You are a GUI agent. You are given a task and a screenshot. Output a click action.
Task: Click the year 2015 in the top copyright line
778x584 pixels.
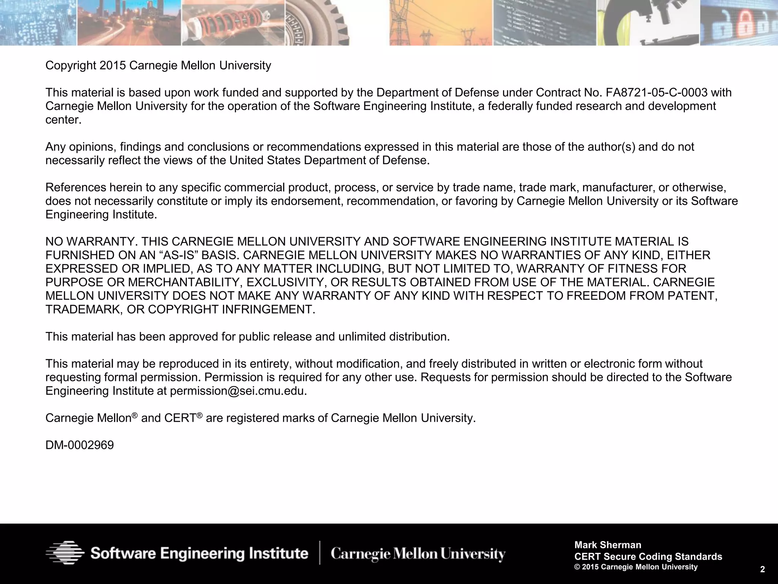click(x=112, y=65)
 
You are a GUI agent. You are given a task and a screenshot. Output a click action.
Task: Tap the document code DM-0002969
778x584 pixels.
click(x=79, y=445)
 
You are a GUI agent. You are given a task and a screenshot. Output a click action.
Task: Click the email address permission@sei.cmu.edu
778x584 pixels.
click(x=237, y=391)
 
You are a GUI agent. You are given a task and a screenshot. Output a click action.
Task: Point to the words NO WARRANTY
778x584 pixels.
click(x=92, y=241)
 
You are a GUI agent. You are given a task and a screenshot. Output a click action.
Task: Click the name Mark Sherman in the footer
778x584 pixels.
click(x=608, y=545)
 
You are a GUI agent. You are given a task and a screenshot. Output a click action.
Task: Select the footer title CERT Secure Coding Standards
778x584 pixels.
click(x=648, y=557)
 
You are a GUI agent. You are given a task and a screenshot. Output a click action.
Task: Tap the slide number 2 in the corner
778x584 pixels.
click(x=762, y=569)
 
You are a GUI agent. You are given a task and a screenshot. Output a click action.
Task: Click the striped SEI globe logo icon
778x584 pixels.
click(x=65, y=553)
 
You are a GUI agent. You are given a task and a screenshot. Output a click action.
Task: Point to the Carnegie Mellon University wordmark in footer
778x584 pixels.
click(x=418, y=554)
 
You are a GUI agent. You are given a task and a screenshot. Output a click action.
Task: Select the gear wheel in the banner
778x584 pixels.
click(x=319, y=23)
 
